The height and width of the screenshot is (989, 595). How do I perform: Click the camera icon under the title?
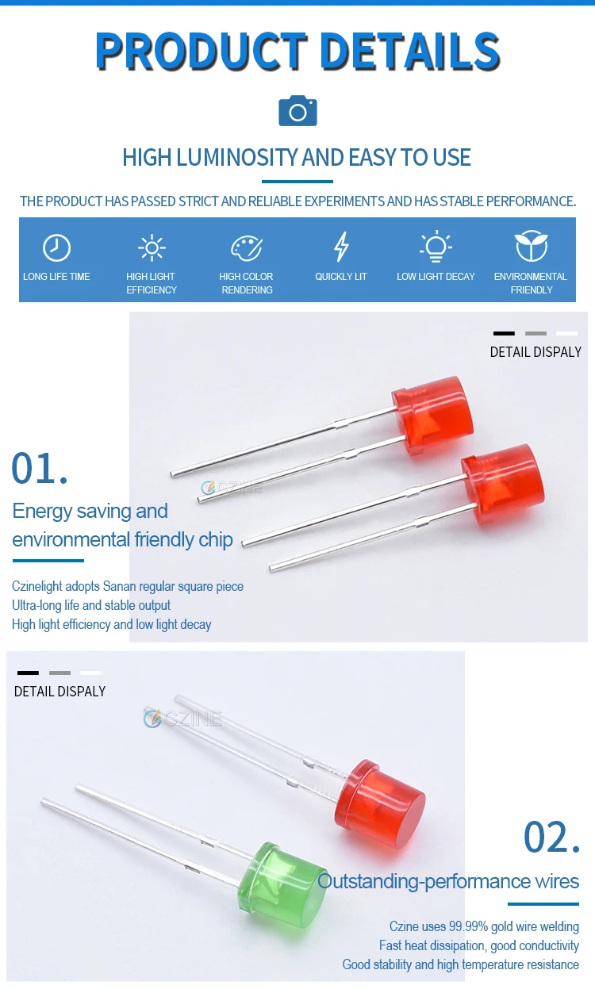coord(297,111)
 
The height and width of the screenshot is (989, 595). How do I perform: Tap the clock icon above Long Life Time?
coord(56,248)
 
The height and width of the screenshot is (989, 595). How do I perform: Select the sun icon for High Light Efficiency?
coord(151,248)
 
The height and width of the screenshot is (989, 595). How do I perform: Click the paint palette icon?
coord(246,248)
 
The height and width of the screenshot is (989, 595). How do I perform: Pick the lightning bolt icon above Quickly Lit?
coord(341,247)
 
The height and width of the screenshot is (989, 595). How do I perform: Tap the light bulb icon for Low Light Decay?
coord(436,247)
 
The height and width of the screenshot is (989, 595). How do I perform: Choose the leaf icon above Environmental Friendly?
coord(531,247)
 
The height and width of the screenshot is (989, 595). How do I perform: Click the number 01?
coord(40,468)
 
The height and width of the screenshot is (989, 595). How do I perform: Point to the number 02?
coord(552,837)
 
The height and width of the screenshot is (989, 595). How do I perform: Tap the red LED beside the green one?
coord(379,799)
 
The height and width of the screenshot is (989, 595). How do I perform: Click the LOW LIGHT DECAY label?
coord(436,277)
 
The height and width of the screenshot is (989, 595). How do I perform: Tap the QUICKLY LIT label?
coord(341,277)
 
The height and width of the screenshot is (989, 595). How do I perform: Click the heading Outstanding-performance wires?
coord(448,881)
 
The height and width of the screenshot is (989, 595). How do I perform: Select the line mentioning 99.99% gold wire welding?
coord(484,926)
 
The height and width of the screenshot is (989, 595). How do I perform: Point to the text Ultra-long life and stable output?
coord(91,605)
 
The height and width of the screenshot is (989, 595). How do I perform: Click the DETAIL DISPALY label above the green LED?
coord(59,692)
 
